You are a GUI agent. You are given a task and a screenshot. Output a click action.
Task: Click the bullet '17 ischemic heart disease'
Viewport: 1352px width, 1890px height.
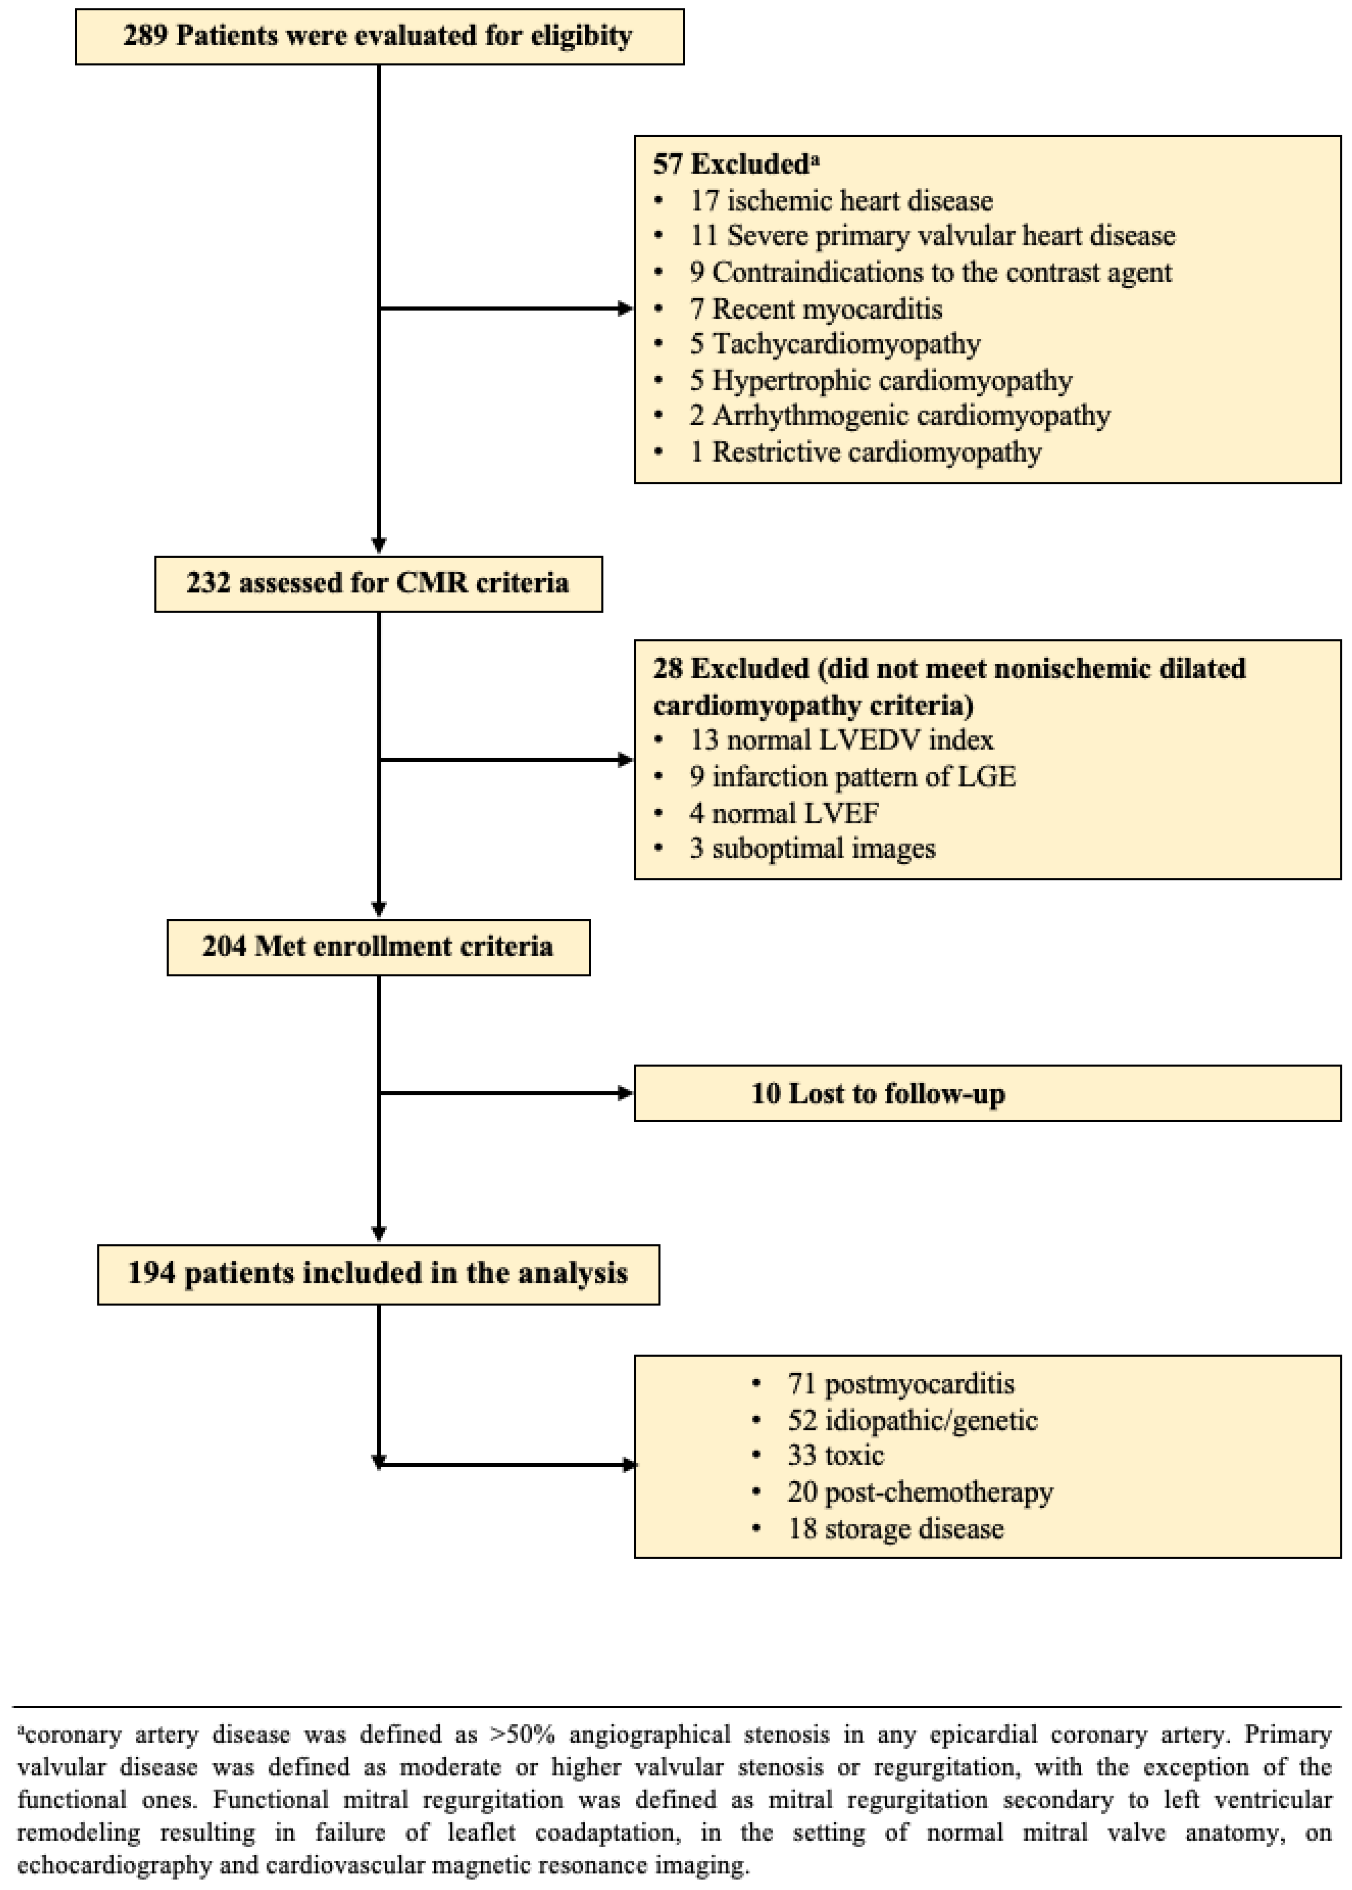click(841, 201)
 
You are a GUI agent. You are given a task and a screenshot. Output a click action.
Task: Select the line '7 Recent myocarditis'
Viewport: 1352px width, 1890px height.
click(816, 309)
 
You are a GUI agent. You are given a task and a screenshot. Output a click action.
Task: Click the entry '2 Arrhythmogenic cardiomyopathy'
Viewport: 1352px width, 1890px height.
click(899, 416)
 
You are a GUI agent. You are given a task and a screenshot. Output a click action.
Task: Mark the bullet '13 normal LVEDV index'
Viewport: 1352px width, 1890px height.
click(841, 740)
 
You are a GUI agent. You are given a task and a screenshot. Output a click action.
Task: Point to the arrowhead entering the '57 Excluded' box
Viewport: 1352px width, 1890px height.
click(625, 309)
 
